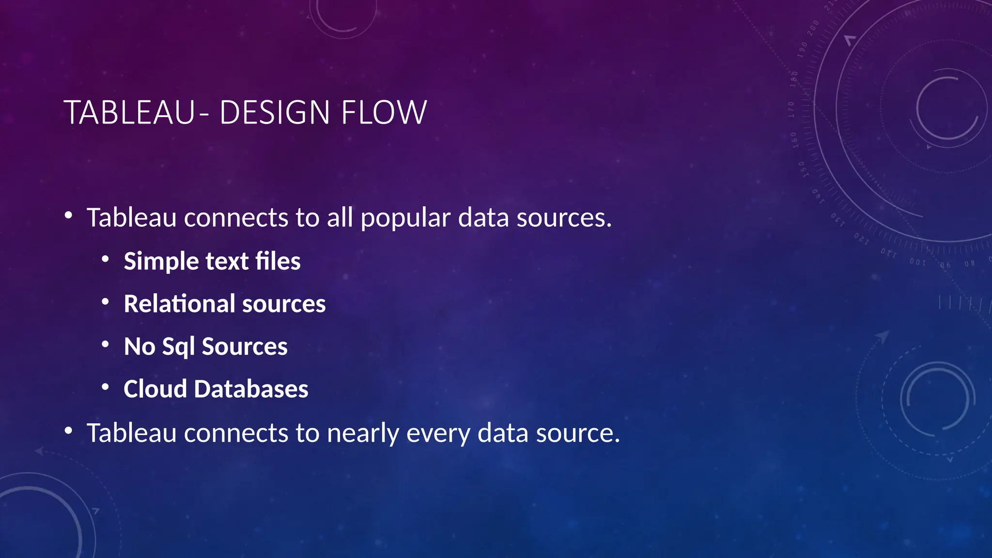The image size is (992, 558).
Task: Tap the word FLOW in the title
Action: click(x=384, y=113)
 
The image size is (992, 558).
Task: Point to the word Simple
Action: click(x=161, y=262)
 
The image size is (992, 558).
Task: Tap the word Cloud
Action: click(x=155, y=389)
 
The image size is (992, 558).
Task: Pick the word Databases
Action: click(x=251, y=389)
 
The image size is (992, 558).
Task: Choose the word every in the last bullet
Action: click(x=438, y=434)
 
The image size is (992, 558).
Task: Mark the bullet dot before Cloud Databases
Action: click(x=105, y=387)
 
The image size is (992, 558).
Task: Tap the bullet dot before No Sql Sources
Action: click(x=105, y=344)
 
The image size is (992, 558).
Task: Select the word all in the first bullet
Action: click(x=340, y=217)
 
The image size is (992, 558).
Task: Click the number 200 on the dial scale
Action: click(x=813, y=28)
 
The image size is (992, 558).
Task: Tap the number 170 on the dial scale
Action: click(x=791, y=109)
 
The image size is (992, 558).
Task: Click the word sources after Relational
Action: click(x=284, y=305)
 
